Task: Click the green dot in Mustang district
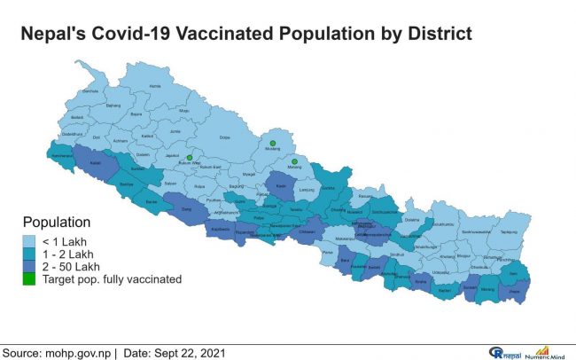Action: [x=274, y=143]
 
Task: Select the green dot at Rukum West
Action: [x=189, y=158]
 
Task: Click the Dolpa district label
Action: [x=224, y=137]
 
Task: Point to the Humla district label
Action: [x=156, y=86]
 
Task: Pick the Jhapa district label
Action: [x=513, y=290]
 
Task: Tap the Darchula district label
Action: [x=90, y=91]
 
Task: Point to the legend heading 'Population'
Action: [x=56, y=223]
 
